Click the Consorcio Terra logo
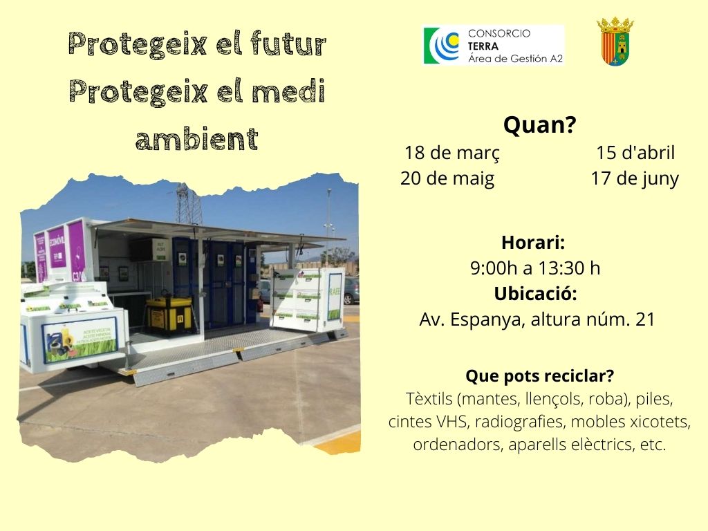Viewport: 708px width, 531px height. click(x=494, y=45)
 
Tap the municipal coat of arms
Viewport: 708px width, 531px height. click(x=615, y=41)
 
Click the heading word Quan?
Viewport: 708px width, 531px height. click(x=539, y=124)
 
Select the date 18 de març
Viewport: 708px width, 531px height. click(x=452, y=153)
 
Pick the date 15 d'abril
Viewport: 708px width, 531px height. click(x=635, y=153)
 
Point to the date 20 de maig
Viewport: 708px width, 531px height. click(x=447, y=179)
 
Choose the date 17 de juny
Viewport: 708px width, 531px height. click(x=635, y=179)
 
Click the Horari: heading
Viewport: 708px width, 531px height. click(x=533, y=243)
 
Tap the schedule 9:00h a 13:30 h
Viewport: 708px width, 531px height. click(x=535, y=268)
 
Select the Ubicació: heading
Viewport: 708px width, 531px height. click(x=536, y=293)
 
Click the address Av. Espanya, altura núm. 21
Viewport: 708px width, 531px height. click(x=537, y=319)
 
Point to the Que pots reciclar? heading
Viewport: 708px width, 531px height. click(x=539, y=375)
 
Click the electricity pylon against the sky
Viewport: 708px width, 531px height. click(x=189, y=205)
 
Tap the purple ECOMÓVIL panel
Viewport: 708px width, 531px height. click(x=57, y=247)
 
